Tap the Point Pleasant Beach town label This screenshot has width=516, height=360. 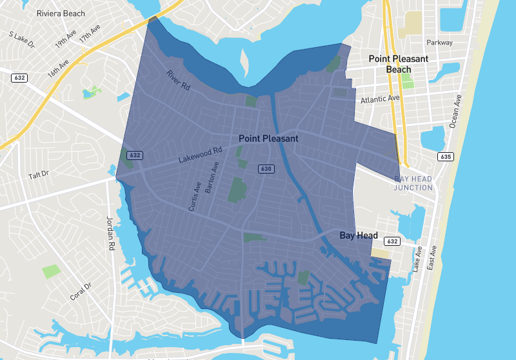(398, 64)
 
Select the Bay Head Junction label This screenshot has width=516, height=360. (413, 183)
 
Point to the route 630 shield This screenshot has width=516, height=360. (265, 168)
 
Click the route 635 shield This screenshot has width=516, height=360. (445, 157)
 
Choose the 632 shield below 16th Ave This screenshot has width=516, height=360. (19, 77)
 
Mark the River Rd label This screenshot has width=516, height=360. (177, 81)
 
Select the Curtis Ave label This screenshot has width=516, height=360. (195, 195)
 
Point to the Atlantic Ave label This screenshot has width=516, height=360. (381, 99)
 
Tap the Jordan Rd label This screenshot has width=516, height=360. (110, 233)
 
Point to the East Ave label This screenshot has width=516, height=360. (433, 256)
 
